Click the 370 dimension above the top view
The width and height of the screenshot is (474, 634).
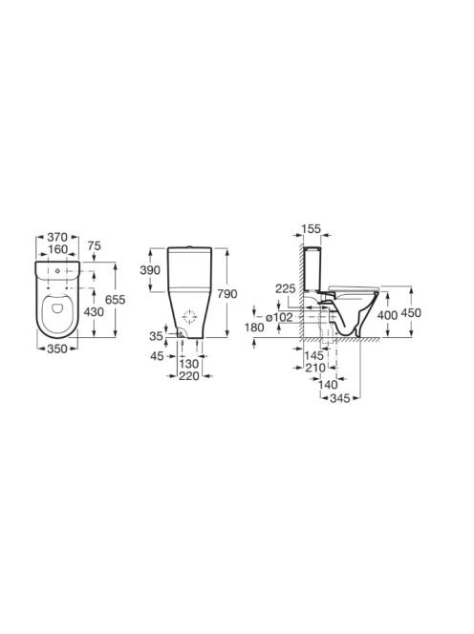tap(57, 237)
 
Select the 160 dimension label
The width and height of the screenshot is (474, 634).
tap(57, 249)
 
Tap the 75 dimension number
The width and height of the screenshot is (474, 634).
tap(94, 245)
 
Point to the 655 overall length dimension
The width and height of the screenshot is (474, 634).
tap(115, 300)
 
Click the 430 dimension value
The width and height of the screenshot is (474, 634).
tap(94, 311)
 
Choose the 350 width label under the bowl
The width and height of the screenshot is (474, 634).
tap(57, 349)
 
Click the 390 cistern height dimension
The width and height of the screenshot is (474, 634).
tap(150, 270)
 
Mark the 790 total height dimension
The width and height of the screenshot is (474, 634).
tap(226, 294)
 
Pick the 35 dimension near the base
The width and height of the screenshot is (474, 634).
tap(156, 336)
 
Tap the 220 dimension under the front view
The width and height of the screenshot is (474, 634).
tap(189, 376)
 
